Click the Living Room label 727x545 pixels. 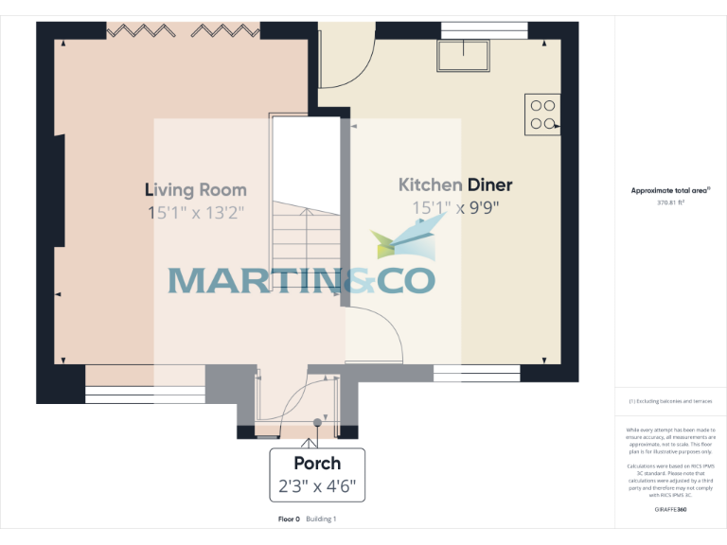click(195, 190)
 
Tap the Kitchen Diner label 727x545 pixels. click(455, 185)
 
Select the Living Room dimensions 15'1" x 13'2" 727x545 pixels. click(195, 213)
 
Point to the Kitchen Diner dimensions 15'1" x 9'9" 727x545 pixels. click(455, 208)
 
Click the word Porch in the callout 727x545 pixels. click(316, 464)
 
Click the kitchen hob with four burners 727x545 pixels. click(543, 114)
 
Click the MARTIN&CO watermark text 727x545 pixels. click(301, 280)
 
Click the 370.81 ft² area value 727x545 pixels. click(670, 202)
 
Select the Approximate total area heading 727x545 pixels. click(670, 190)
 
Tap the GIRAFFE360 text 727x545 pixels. click(670, 510)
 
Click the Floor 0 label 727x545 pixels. click(289, 519)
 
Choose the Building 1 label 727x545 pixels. click(321, 519)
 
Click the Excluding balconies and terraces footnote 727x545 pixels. click(670, 402)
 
